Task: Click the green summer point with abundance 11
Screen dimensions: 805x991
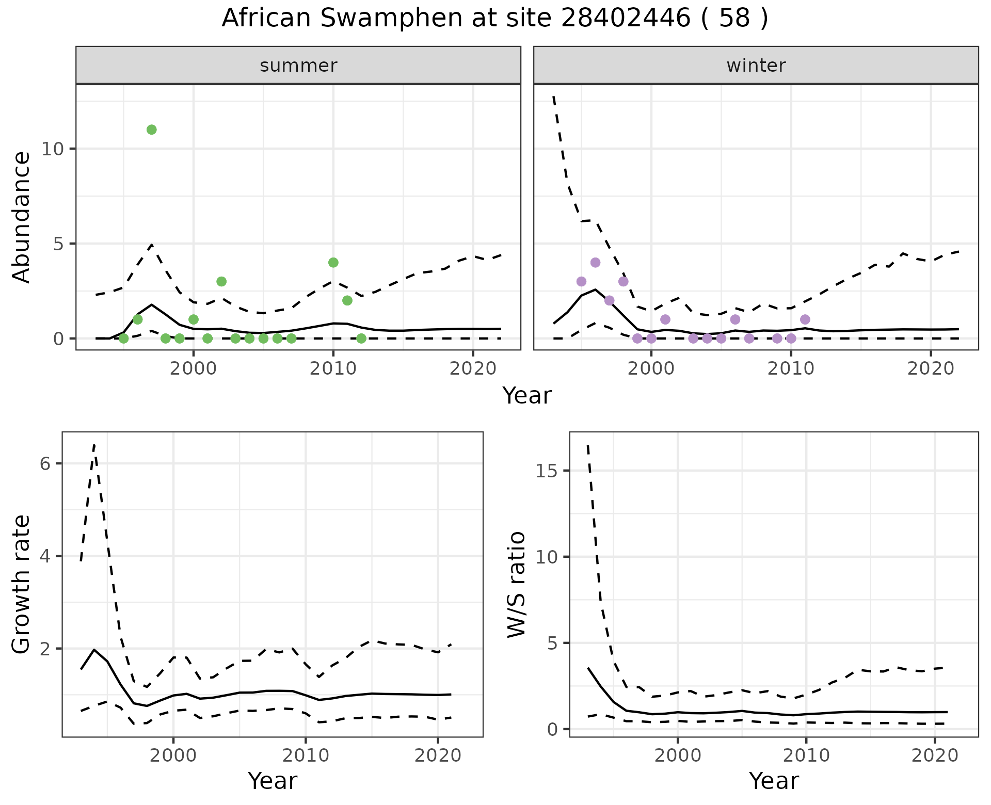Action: pos(151,130)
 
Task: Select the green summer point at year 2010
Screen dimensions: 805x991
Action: pos(333,263)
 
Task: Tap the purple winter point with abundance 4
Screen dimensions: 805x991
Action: pos(595,263)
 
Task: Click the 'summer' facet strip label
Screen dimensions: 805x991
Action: pos(298,66)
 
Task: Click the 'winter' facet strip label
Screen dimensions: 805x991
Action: pos(756,66)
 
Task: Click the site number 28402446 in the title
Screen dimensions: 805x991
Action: pos(625,19)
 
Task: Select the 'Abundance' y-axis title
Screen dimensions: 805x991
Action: pos(22,217)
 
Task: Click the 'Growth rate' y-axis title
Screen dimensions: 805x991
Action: pos(22,584)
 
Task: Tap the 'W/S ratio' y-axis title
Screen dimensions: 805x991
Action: pos(516,584)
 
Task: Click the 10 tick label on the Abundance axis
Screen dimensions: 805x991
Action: pos(53,149)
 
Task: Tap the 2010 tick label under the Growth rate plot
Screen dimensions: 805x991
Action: pos(306,755)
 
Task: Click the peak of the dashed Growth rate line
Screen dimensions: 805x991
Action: pos(94,445)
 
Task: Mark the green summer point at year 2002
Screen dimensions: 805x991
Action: pos(221,281)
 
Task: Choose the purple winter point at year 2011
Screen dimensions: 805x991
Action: pos(805,319)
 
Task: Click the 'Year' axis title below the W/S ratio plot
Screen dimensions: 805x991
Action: pos(774,781)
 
